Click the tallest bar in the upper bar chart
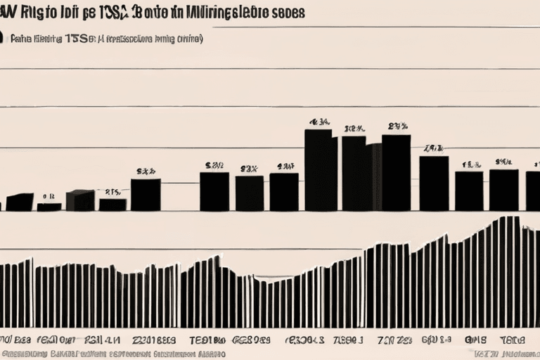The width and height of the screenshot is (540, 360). click(x=318, y=170)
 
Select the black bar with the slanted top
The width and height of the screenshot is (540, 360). click(x=19, y=202)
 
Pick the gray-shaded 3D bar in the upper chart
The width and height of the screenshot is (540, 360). click(x=79, y=200)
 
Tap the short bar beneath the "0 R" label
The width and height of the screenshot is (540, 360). click(x=49, y=207)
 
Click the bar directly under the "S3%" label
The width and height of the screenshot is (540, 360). click(x=146, y=195)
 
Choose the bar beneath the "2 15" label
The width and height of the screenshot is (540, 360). click(x=112, y=205)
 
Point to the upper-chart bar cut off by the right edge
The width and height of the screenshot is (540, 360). click(x=533, y=191)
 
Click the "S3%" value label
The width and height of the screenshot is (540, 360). click(x=146, y=171)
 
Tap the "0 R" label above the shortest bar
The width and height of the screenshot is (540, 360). click(x=49, y=197)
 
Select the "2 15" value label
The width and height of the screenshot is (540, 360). click(x=112, y=191)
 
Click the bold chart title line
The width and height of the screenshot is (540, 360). click(x=155, y=13)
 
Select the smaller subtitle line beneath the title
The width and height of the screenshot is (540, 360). click(x=105, y=39)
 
